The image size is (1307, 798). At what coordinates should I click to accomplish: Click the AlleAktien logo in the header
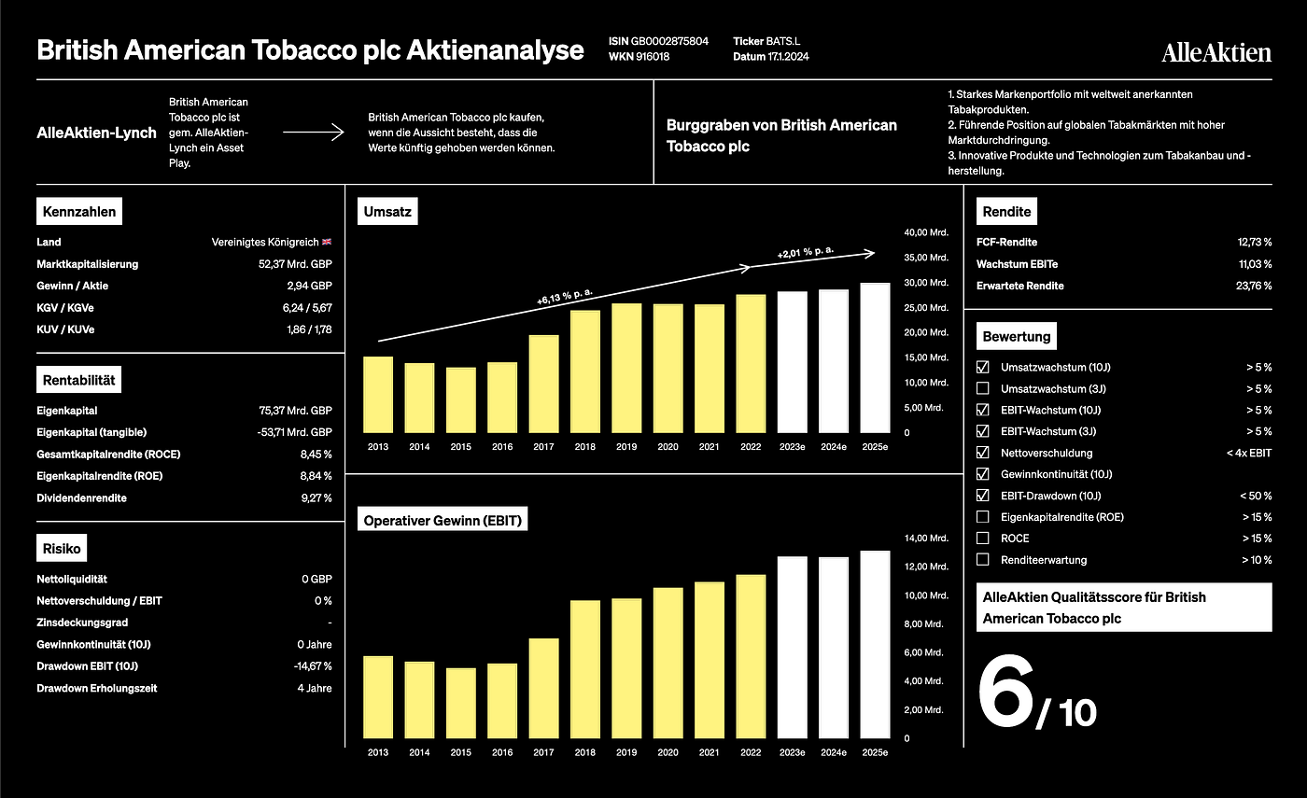(1216, 52)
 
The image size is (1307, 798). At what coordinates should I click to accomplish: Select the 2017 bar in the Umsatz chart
(543, 384)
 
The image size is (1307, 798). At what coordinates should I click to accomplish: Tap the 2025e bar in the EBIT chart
(876, 645)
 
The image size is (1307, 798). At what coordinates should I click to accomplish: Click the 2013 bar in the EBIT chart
(378, 697)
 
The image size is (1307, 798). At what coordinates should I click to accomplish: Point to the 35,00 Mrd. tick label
(926, 258)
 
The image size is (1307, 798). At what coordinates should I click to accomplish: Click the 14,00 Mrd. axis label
(926, 538)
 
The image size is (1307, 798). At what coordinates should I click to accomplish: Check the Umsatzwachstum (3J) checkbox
(982, 388)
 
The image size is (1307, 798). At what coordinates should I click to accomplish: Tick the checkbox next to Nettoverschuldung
(982, 453)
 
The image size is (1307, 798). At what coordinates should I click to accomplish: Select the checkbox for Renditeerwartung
(982, 559)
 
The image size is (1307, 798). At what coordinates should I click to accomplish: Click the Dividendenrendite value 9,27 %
(316, 498)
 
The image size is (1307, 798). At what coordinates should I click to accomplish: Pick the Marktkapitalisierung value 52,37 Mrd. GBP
(295, 264)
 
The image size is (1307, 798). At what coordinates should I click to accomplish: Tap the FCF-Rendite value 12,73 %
(1255, 242)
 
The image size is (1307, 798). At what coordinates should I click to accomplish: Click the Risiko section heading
(62, 549)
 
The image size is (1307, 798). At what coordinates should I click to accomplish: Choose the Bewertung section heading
(1017, 337)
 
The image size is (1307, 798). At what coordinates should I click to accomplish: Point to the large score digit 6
(1005, 692)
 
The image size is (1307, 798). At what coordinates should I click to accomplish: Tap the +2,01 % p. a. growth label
(806, 252)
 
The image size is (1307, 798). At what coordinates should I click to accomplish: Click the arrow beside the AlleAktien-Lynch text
(314, 133)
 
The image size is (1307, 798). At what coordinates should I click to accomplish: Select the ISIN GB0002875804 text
(658, 41)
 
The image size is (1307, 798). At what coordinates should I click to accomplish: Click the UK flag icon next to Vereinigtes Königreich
(327, 242)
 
